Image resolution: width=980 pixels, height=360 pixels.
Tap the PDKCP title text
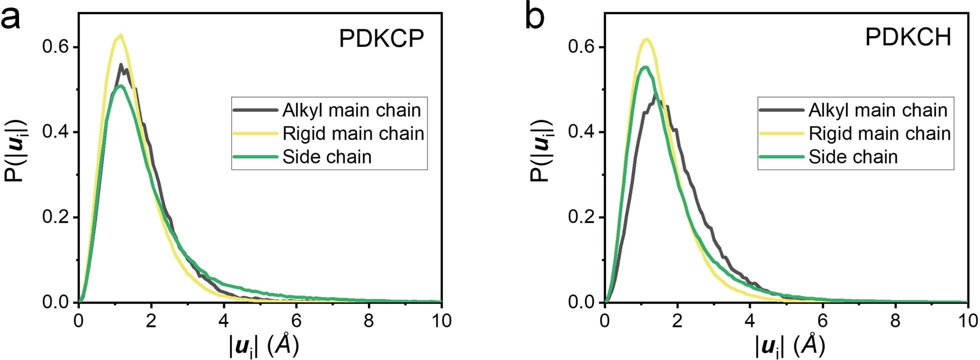pos(381,38)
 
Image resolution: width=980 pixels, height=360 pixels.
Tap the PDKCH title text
pos(908,38)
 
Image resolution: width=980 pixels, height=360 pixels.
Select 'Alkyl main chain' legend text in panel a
pos(351,110)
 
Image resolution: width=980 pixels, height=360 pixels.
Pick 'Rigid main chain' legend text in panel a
pos(353,133)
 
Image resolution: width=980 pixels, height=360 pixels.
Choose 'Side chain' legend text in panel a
pos(327,157)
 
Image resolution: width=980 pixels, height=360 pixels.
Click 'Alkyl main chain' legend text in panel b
pos(878,110)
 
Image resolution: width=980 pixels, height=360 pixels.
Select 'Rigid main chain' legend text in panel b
pos(879,133)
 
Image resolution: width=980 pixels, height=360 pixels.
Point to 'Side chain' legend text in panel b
pos(853,157)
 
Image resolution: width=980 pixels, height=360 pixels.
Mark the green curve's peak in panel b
pos(645,67)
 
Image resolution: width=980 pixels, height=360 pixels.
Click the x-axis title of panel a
pos(264,345)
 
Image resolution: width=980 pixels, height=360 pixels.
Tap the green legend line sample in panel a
pos(255,157)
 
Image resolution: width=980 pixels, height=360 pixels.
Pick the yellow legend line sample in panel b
pos(781,133)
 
